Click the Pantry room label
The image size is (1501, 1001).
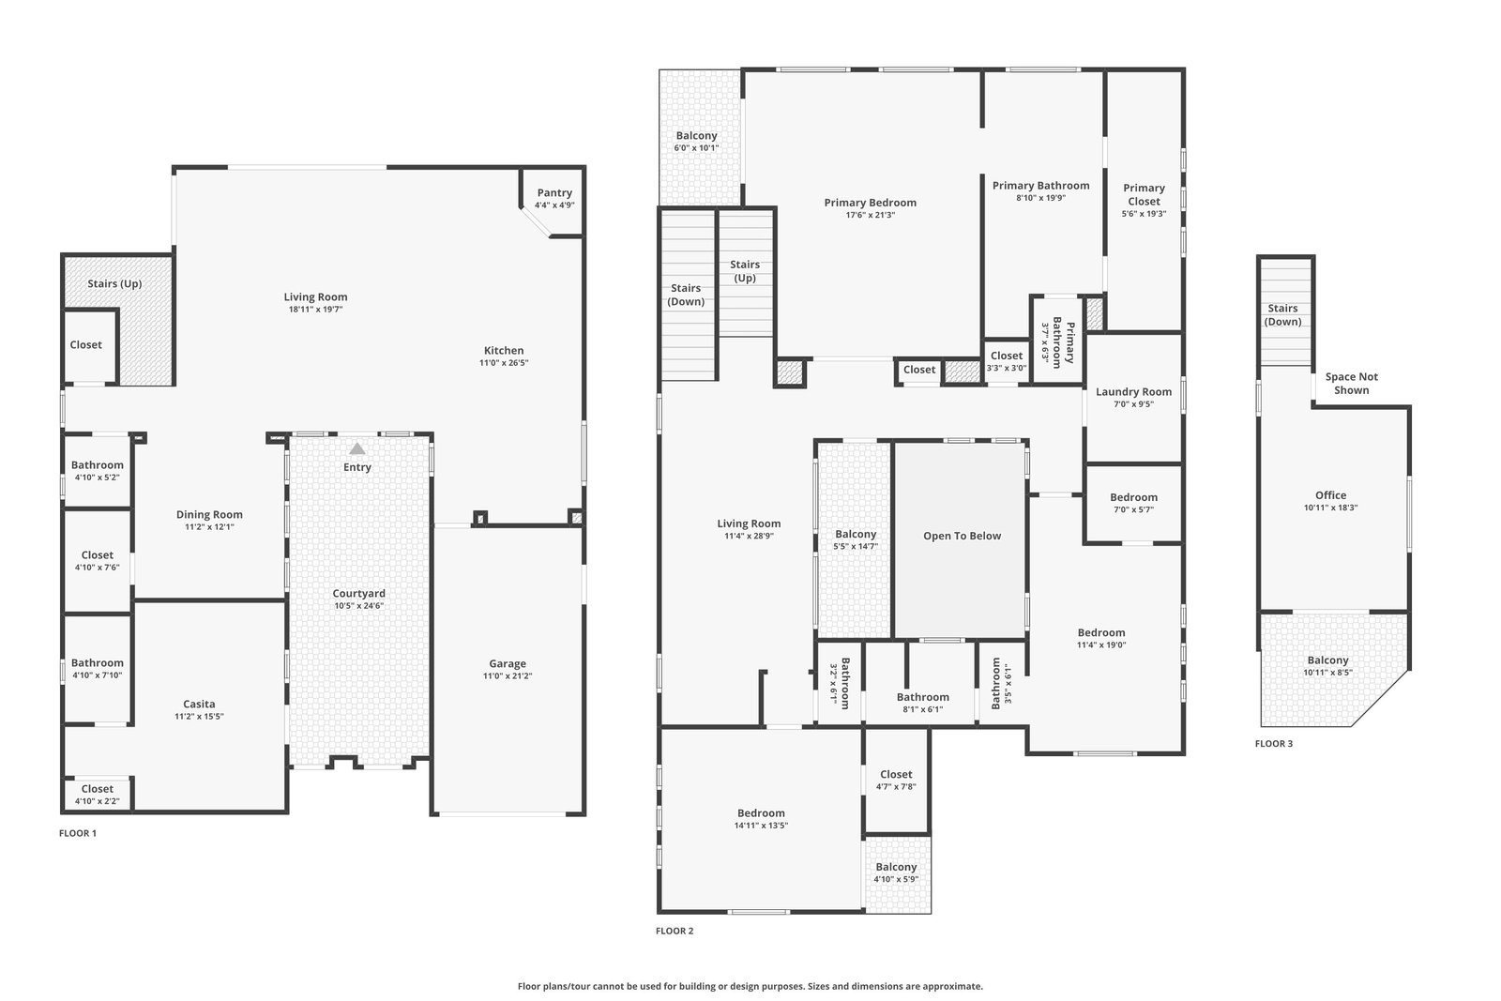tap(554, 193)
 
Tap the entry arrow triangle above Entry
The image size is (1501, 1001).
tap(357, 449)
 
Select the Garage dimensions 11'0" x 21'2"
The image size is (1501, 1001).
tap(508, 676)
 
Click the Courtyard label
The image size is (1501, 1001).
tap(359, 594)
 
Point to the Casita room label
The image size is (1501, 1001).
tap(199, 705)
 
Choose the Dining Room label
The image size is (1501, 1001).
tap(210, 515)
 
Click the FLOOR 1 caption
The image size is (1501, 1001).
tap(78, 833)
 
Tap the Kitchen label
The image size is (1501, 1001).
tap(504, 351)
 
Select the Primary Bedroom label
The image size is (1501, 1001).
tap(871, 203)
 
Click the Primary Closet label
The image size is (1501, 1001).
tap(1144, 195)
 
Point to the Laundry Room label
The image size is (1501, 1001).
tap(1134, 392)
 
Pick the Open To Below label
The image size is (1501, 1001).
tap(963, 536)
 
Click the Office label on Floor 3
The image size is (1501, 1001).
tap(1331, 496)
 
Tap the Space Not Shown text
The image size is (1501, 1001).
tap(1352, 384)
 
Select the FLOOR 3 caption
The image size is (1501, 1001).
tap(1274, 744)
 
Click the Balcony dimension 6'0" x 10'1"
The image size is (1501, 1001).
tap(696, 148)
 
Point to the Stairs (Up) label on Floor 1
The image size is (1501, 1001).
tap(114, 284)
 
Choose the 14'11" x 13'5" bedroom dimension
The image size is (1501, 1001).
tap(761, 826)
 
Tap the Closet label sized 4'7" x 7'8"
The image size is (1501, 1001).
tap(896, 775)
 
